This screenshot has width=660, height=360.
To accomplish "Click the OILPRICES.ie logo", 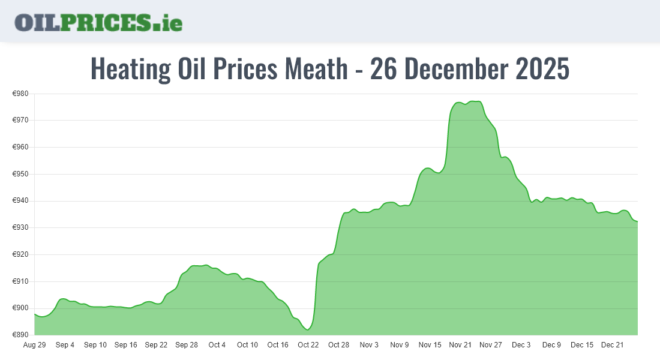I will (98, 22).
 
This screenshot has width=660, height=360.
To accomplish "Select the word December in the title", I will (453, 69).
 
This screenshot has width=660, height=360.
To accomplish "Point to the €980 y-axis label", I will (22, 94).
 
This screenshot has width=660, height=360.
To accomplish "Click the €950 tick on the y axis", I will (22, 174).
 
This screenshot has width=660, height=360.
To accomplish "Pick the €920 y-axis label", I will (22, 254).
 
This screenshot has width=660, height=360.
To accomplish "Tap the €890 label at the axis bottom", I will (22, 335).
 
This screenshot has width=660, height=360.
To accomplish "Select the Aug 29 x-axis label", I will (34, 345).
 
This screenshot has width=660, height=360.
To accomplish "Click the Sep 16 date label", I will (125, 345).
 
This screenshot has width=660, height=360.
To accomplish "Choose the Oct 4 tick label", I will (217, 345).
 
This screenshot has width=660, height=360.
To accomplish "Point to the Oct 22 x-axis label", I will (308, 345).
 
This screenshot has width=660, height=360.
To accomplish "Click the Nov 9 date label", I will (400, 345).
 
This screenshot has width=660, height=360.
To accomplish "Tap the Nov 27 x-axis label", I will (491, 345).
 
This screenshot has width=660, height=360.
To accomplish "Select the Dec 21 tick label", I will (612, 345).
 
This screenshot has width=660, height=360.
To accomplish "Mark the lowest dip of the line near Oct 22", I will (307, 329).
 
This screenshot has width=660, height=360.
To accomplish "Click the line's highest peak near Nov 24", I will (475, 101).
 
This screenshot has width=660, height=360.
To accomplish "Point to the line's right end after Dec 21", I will (637, 221).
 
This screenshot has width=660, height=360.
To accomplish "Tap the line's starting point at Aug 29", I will (35, 314).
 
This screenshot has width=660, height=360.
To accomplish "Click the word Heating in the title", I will (130, 69).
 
